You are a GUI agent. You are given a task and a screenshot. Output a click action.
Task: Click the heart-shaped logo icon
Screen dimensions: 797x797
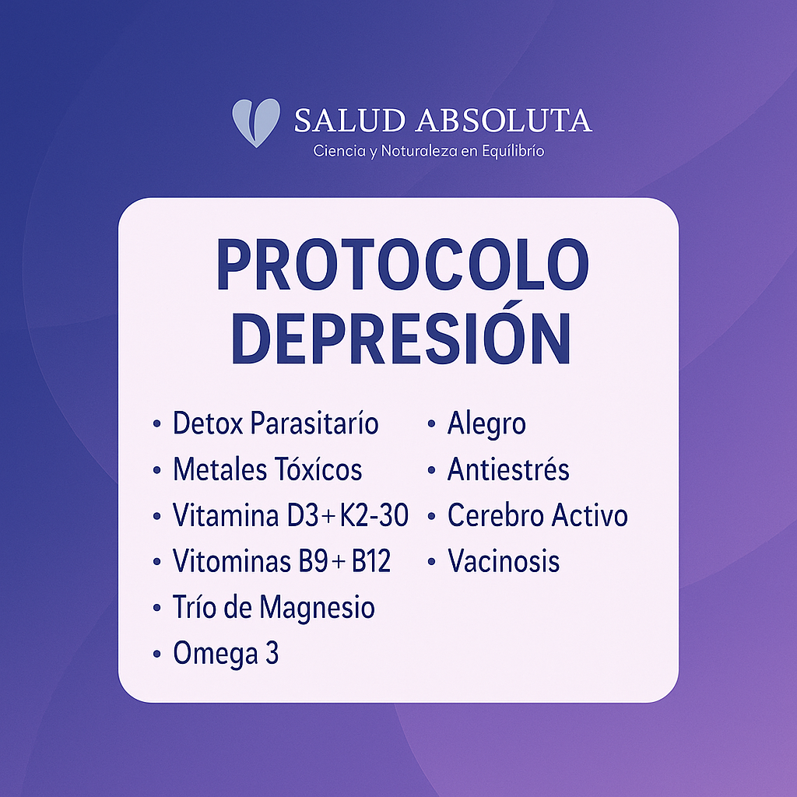[256, 122]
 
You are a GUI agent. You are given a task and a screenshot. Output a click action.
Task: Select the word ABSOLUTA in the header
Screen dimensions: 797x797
[504, 121]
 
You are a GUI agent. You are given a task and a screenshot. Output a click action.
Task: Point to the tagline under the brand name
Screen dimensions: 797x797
[428, 150]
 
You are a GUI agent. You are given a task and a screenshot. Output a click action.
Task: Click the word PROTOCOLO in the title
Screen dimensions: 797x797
[402, 265]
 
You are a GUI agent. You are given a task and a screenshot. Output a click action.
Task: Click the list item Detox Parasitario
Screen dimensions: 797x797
[276, 424]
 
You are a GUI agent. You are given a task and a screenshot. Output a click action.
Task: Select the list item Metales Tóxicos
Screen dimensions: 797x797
[267, 470]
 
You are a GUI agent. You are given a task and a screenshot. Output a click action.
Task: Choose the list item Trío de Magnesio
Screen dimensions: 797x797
[273, 607]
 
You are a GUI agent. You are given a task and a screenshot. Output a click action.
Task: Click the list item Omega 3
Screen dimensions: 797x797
[226, 654]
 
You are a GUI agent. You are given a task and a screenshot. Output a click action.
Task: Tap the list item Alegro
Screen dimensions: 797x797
[486, 424]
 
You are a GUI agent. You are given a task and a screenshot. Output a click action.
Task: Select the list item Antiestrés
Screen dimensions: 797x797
[508, 470]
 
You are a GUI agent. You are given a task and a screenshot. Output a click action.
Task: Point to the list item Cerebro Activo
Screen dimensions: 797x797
[537, 515]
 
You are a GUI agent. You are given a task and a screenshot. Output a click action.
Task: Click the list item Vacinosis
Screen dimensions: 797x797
[504, 561]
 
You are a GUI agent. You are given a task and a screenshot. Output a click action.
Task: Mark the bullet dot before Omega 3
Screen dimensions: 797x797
[157, 655]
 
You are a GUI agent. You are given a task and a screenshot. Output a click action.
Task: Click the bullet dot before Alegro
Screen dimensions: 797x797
[431, 425]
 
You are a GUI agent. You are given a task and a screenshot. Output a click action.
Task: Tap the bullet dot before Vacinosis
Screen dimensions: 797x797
[431, 562]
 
